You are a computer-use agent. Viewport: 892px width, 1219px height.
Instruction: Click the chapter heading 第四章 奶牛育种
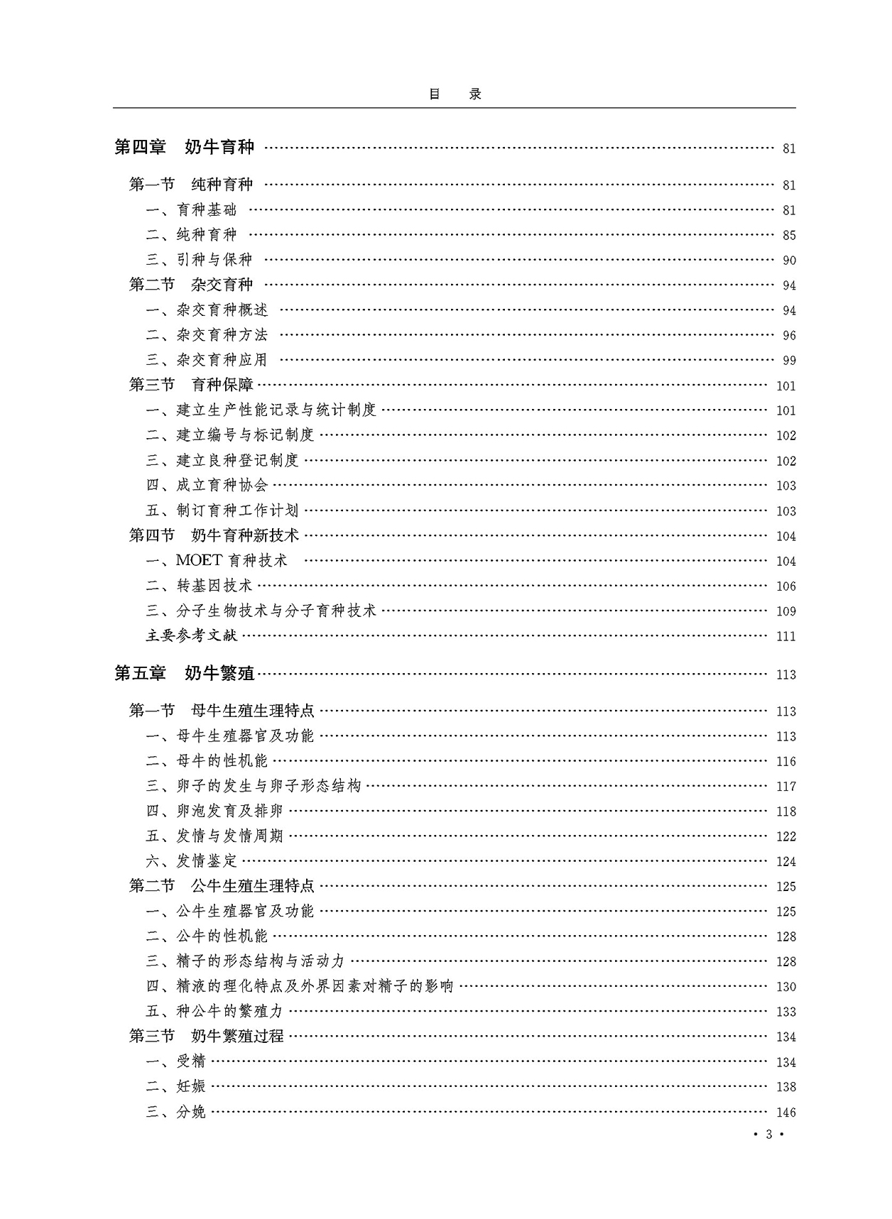pyautogui.click(x=184, y=147)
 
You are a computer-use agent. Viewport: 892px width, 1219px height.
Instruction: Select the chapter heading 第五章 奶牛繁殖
pyautogui.click(x=184, y=673)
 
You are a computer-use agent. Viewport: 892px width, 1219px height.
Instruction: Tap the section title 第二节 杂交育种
pyautogui.click(x=190, y=285)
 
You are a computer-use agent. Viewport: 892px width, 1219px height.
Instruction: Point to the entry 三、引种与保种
pyautogui.click(x=199, y=260)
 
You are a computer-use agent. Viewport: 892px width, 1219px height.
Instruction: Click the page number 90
pyautogui.click(x=788, y=261)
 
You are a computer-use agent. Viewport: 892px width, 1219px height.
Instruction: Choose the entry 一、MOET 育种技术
pyautogui.click(x=217, y=561)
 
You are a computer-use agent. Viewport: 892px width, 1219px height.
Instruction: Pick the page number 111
pyautogui.click(x=785, y=637)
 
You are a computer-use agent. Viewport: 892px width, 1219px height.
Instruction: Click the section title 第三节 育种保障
pyautogui.click(x=190, y=385)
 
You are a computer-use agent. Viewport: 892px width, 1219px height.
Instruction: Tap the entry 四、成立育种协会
pyautogui.click(x=207, y=486)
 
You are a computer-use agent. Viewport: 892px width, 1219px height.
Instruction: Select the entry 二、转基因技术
pyautogui.click(x=199, y=586)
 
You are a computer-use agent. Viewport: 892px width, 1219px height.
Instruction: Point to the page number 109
pyautogui.click(x=785, y=611)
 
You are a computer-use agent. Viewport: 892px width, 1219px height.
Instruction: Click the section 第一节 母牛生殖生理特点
pyautogui.click(x=221, y=711)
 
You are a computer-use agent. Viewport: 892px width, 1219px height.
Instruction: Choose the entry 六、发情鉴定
pyautogui.click(x=191, y=861)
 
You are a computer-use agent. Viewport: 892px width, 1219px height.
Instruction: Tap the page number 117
pyautogui.click(x=785, y=787)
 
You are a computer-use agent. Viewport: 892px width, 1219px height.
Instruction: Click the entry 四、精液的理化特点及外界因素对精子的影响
pyautogui.click(x=299, y=986)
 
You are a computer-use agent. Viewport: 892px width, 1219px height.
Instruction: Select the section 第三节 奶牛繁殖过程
pyautogui.click(x=206, y=1036)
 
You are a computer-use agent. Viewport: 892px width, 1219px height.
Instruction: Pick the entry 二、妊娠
pyautogui.click(x=175, y=1086)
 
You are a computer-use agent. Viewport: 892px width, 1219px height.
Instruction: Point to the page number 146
pyautogui.click(x=785, y=1113)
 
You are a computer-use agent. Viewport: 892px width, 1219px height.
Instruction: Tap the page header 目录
pyautogui.click(x=455, y=94)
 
